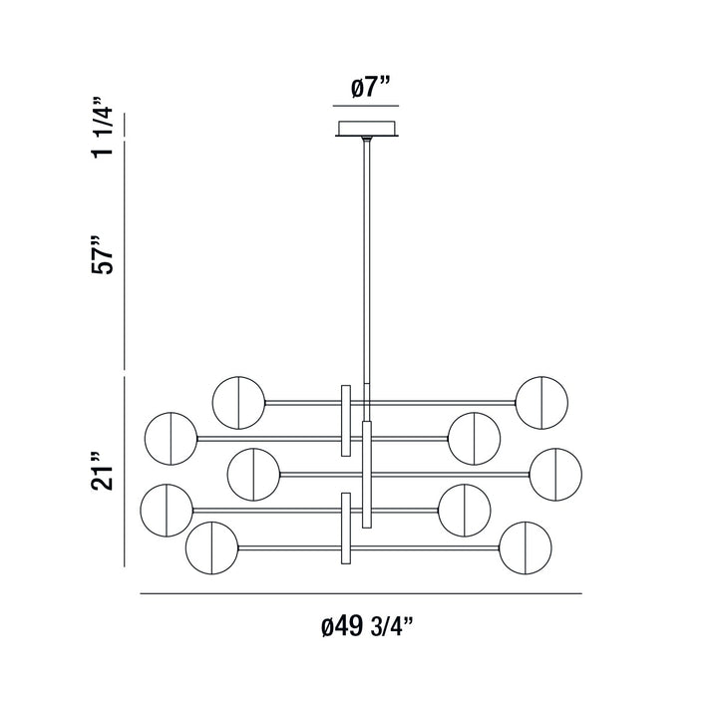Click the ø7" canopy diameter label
click(x=366, y=89)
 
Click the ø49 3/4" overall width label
click(x=366, y=627)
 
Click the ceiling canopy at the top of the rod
click(x=368, y=130)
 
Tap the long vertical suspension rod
click(x=368, y=259)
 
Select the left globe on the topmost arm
click(x=238, y=402)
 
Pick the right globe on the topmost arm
click(x=541, y=402)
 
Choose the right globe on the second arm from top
click(x=474, y=437)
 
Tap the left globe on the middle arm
click(x=252, y=474)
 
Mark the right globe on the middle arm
click(x=555, y=474)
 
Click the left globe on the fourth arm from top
click(x=167, y=509)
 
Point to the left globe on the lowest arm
click(x=211, y=545)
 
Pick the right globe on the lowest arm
click(x=525, y=545)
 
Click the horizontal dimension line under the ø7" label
click(x=366, y=106)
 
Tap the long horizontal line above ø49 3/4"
click(x=360, y=594)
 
